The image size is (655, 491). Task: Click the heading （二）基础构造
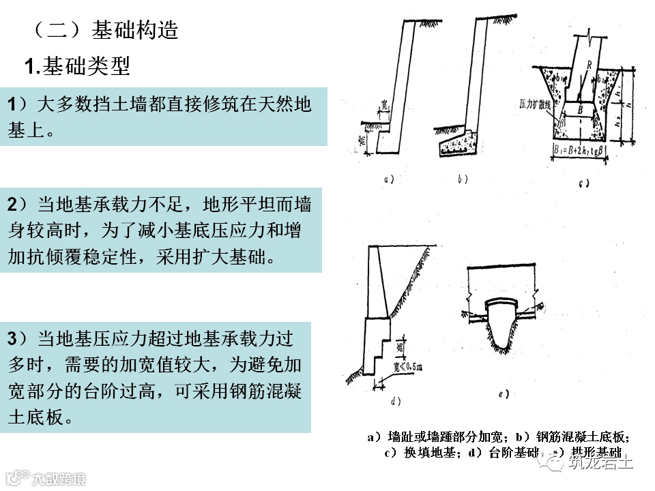point(105,31)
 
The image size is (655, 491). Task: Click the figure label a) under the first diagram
point(390,180)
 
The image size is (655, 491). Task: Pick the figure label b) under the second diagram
point(463,180)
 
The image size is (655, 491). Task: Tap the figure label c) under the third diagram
point(583,183)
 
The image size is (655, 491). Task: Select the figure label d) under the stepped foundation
point(394,400)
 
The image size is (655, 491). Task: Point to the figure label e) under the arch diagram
point(504,394)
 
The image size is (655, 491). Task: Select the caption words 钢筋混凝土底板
point(581,436)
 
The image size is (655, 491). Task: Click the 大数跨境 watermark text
point(59,478)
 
